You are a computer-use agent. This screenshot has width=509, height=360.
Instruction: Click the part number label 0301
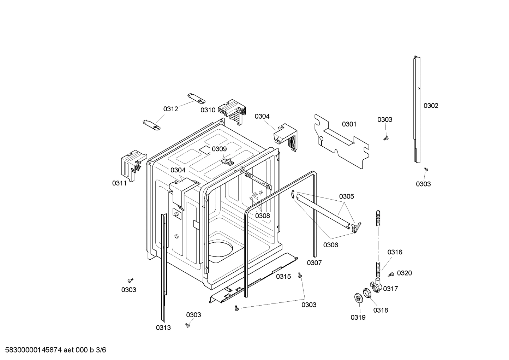(x=349, y=124)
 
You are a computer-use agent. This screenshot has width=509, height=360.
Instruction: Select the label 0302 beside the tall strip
(x=431, y=106)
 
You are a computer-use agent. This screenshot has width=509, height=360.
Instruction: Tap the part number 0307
(x=314, y=262)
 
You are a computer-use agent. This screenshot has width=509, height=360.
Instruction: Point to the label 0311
(x=119, y=183)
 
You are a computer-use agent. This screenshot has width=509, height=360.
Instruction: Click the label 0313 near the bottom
(x=163, y=327)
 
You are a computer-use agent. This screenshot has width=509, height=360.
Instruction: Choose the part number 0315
(x=283, y=276)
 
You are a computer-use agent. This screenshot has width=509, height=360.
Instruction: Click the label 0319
(x=358, y=317)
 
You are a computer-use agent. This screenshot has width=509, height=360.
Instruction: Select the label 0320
(x=404, y=273)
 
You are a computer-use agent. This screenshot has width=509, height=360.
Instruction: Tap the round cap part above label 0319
(x=359, y=298)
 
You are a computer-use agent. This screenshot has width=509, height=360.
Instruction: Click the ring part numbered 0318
(x=368, y=293)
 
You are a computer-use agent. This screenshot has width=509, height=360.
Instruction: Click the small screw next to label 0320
(x=391, y=274)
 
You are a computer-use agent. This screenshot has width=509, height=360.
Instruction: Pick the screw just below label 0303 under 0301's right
(x=386, y=138)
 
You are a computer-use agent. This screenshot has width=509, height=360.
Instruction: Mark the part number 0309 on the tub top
(x=219, y=149)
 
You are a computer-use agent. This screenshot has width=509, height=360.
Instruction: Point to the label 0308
(x=262, y=216)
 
